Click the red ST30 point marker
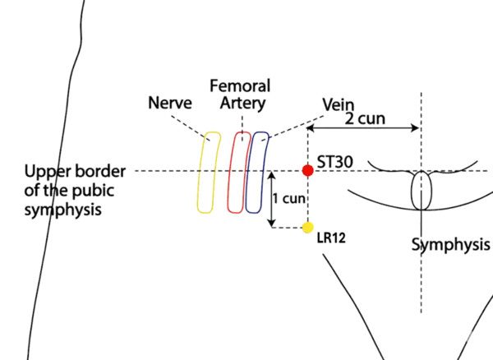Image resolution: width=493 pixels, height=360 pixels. pos(307,171)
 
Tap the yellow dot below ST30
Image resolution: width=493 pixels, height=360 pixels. pos(308,228)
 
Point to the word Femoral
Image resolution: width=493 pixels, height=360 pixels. pos(239,85)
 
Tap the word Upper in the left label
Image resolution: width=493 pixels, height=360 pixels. pos(45,172)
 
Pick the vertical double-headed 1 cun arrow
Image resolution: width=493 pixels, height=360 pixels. pos(272,201)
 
